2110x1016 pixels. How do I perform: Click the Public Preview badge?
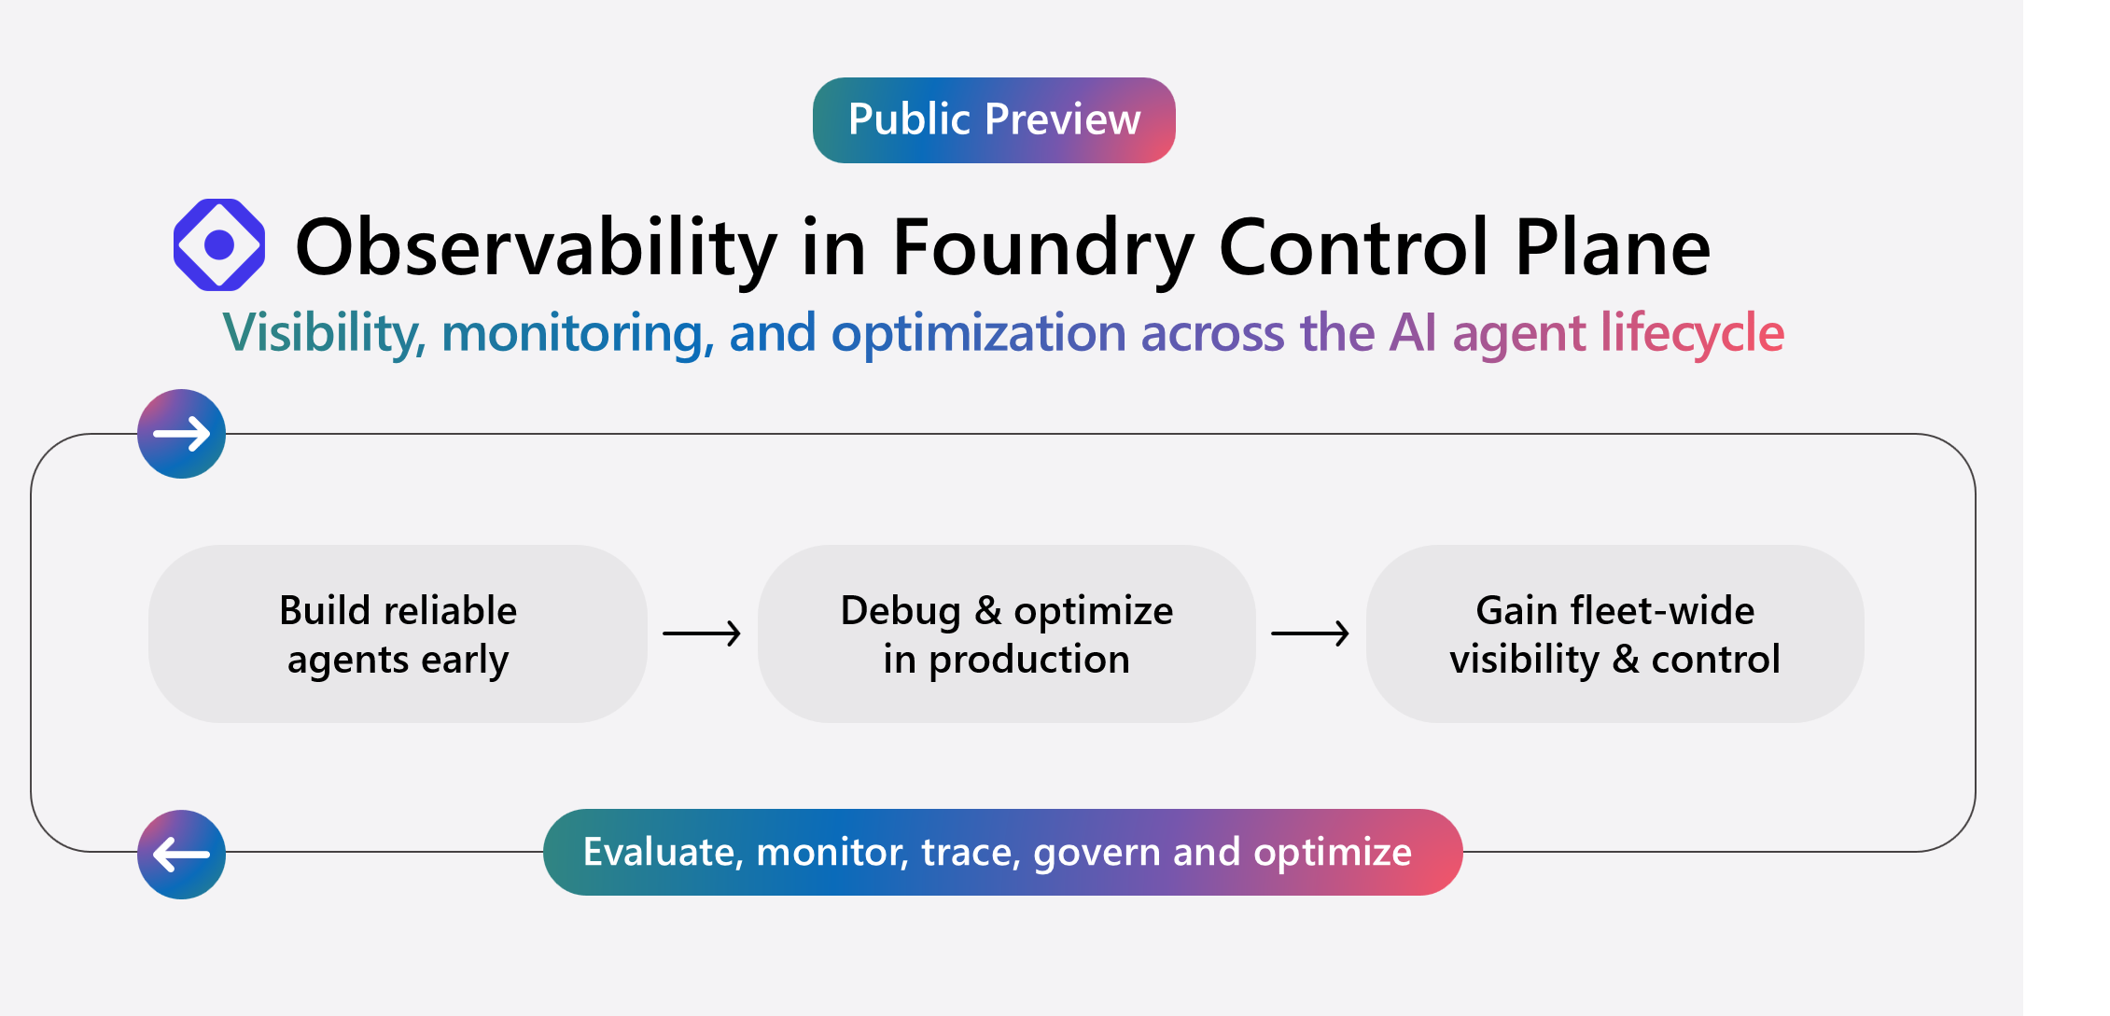pyautogui.click(x=994, y=120)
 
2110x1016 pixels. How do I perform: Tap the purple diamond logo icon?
pyautogui.click(x=219, y=244)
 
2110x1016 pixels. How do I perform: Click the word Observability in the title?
pyautogui.click(x=536, y=247)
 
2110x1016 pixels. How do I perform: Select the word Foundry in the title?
pyautogui.click(x=1042, y=247)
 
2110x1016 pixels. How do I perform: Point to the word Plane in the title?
pyautogui.click(x=1612, y=247)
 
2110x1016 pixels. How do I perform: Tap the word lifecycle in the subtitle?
pyautogui.click(x=1692, y=333)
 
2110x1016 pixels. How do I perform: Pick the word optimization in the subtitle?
pyautogui.click(x=978, y=333)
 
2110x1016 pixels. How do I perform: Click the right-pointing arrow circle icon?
pyautogui.click(x=182, y=434)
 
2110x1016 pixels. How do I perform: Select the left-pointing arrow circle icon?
pyautogui.click(x=182, y=854)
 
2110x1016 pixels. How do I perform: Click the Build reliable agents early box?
pyautogui.click(x=398, y=634)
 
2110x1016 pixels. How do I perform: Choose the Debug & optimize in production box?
pyautogui.click(x=1006, y=634)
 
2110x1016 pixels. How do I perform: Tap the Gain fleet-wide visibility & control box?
pyautogui.click(x=1614, y=634)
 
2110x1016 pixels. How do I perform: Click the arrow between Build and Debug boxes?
pyautogui.click(x=702, y=633)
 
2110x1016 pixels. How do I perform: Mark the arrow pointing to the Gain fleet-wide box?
pyautogui.click(x=1310, y=633)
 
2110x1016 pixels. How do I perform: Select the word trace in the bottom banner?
pyautogui.click(x=971, y=852)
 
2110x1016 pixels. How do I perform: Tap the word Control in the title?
pyautogui.click(x=1353, y=247)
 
